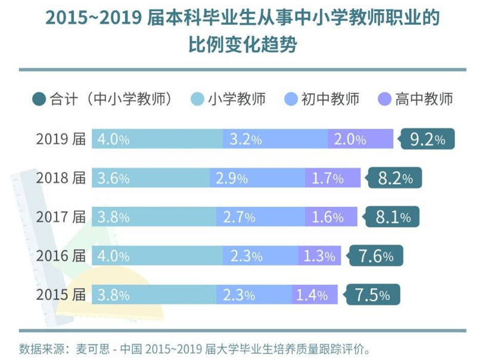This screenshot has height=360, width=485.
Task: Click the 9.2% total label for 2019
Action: click(428, 139)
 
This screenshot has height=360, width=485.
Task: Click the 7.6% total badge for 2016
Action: click(375, 256)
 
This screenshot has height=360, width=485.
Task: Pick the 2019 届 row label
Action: click(61, 139)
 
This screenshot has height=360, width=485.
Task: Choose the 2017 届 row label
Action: click(61, 217)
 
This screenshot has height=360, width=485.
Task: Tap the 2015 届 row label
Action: click(61, 294)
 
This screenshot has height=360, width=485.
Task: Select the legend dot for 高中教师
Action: click(384, 99)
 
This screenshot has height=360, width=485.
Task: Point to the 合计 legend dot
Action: click(39, 99)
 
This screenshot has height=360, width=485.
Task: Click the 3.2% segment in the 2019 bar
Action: click(275, 139)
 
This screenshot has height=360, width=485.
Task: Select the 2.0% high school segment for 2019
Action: click(360, 139)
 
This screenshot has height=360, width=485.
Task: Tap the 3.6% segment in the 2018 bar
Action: click(150, 178)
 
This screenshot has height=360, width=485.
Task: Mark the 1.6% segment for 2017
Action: click(331, 217)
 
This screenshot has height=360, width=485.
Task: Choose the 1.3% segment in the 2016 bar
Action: click(319, 256)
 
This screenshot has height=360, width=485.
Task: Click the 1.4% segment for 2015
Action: click(314, 294)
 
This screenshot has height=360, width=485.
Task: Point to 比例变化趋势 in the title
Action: click(242, 45)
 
